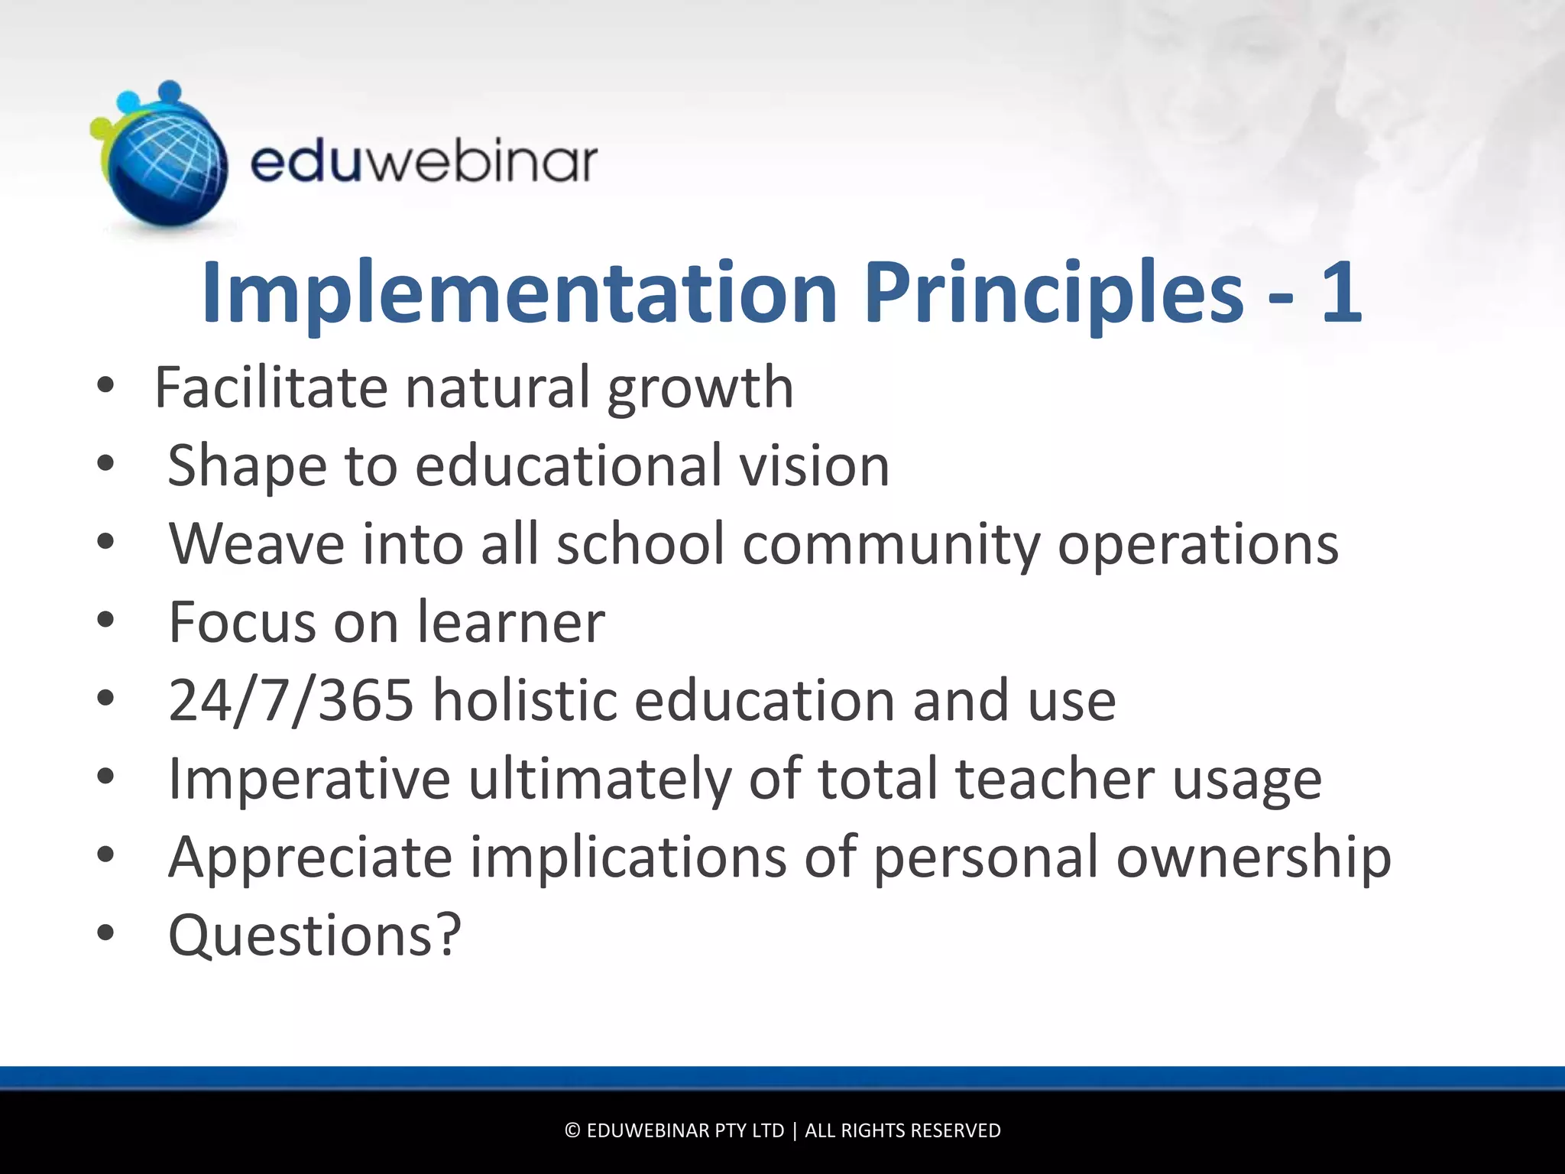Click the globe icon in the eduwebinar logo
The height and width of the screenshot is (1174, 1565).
(x=164, y=164)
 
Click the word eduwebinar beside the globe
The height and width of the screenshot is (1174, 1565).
(x=424, y=161)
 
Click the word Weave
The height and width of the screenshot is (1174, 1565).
(x=257, y=544)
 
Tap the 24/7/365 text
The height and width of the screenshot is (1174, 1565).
(x=291, y=700)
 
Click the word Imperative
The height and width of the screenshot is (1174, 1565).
(x=309, y=779)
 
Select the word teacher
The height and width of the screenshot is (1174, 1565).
(x=1055, y=779)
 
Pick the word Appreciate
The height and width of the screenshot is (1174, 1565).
(x=310, y=858)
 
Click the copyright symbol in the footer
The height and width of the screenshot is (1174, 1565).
(x=572, y=1130)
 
